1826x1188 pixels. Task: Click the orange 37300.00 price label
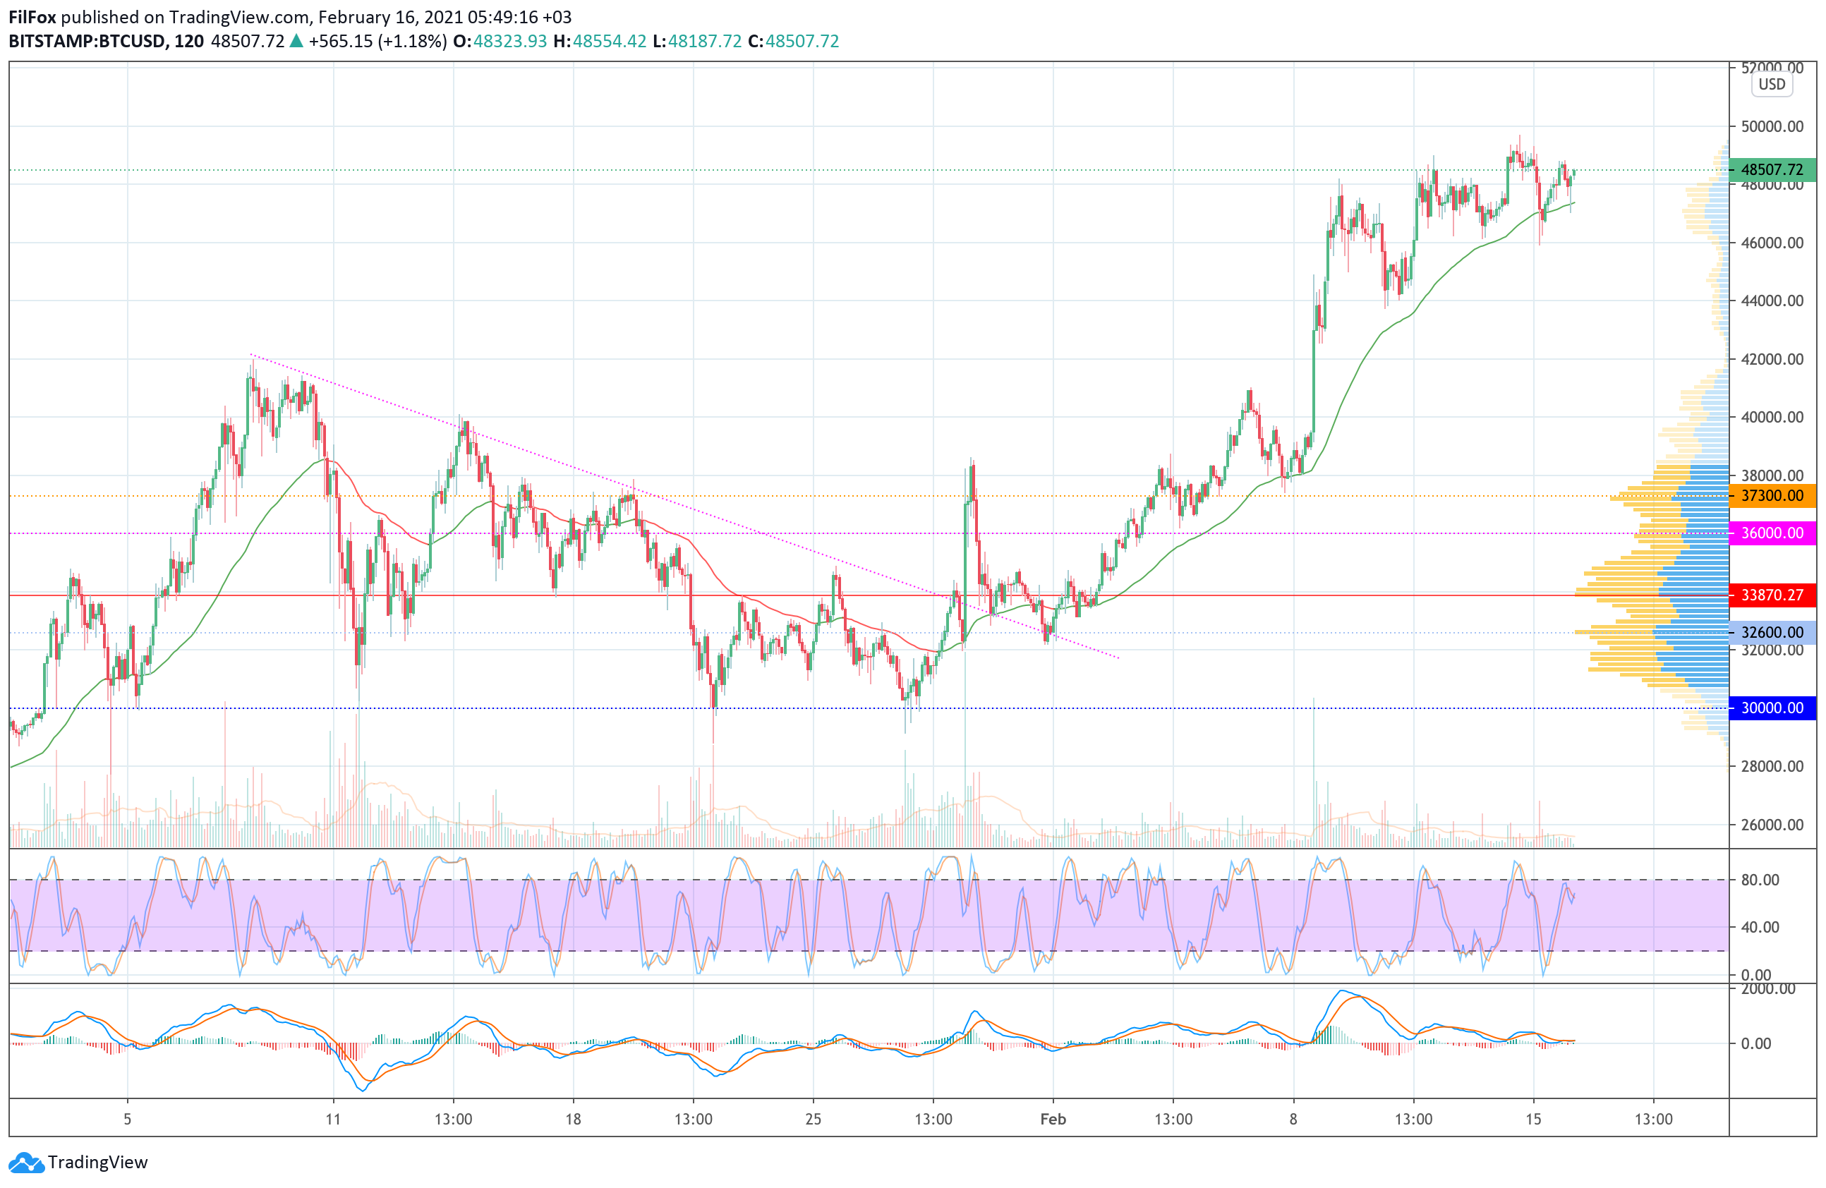click(x=1772, y=495)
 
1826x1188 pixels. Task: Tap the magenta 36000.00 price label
click(x=1772, y=533)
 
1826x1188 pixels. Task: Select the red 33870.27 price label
click(x=1772, y=595)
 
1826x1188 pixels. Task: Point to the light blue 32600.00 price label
click(x=1772, y=632)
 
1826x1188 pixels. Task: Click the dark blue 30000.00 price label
click(x=1772, y=707)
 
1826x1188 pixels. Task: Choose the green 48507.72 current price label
click(x=1772, y=169)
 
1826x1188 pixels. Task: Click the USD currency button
click(x=1772, y=85)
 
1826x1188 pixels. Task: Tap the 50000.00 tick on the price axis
click(x=1772, y=126)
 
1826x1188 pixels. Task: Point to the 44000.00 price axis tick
click(x=1772, y=301)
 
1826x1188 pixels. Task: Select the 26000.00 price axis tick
click(x=1772, y=825)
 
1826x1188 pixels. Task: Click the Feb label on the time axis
click(x=1053, y=1119)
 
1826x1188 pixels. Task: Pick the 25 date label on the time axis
click(x=814, y=1119)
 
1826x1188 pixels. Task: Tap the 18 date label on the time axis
click(x=573, y=1119)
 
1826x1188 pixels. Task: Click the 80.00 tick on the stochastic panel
click(x=1760, y=880)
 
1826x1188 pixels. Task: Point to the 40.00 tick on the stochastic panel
click(x=1760, y=926)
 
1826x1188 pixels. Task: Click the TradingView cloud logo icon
click(x=27, y=1163)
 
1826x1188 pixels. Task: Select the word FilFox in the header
click(x=32, y=17)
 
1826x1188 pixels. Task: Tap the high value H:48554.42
click(x=600, y=42)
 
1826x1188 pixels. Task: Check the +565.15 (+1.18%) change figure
click(x=377, y=42)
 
